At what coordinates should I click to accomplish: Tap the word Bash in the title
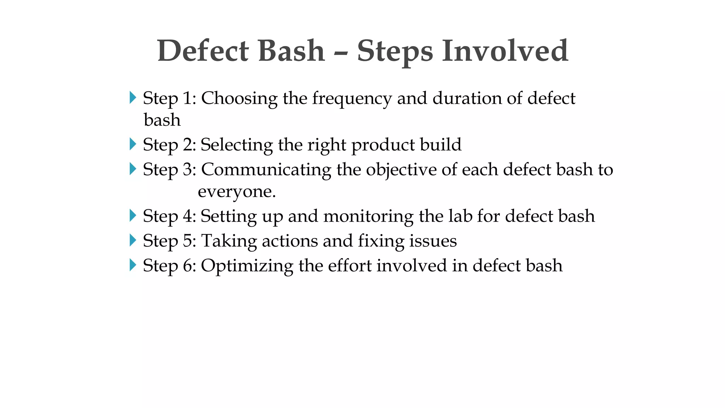[291, 51]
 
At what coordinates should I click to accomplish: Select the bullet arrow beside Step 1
[133, 97]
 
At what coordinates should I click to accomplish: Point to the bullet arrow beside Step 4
[133, 215]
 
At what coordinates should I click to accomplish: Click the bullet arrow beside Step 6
[133, 265]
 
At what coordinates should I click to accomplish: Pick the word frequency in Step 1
[352, 99]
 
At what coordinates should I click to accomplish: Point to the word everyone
[236, 192]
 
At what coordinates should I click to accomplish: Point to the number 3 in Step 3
[187, 170]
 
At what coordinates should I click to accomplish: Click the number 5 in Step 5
[187, 241]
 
